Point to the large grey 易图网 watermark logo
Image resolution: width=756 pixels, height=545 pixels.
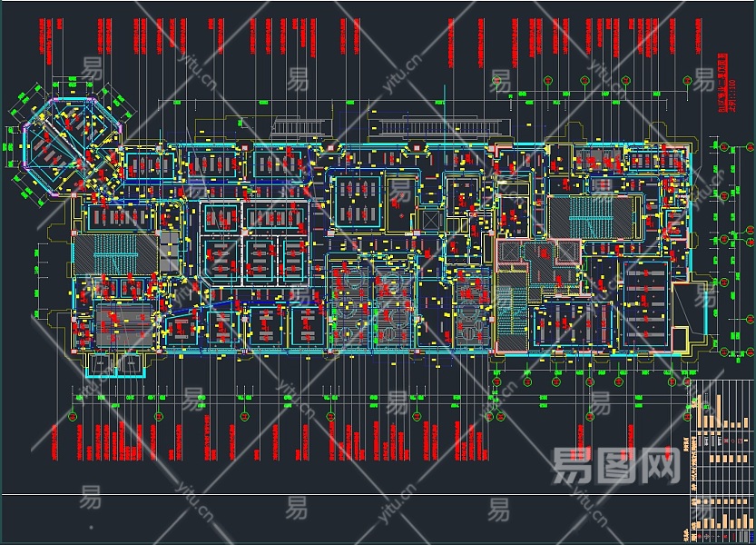[616, 467]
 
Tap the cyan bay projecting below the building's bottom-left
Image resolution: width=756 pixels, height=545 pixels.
[116, 364]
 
